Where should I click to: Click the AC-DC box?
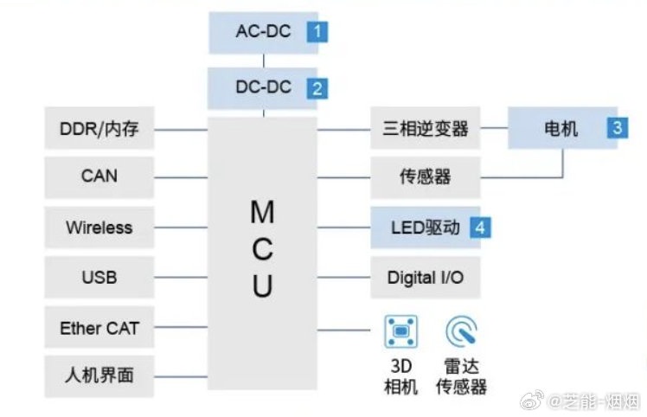[263, 34]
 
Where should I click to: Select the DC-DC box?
[263, 87]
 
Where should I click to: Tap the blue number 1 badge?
[318, 34]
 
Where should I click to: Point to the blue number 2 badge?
[318, 87]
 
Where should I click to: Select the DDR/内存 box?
[99, 130]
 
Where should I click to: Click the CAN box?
[99, 176]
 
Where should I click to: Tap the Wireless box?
[99, 228]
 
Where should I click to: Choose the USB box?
[99, 278]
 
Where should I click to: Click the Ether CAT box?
[99, 328]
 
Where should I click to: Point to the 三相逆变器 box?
[425, 130]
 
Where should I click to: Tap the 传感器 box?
[425, 177]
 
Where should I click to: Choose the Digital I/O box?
[425, 279]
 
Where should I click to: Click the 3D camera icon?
[400, 330]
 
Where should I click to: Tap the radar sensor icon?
[461, 330]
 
